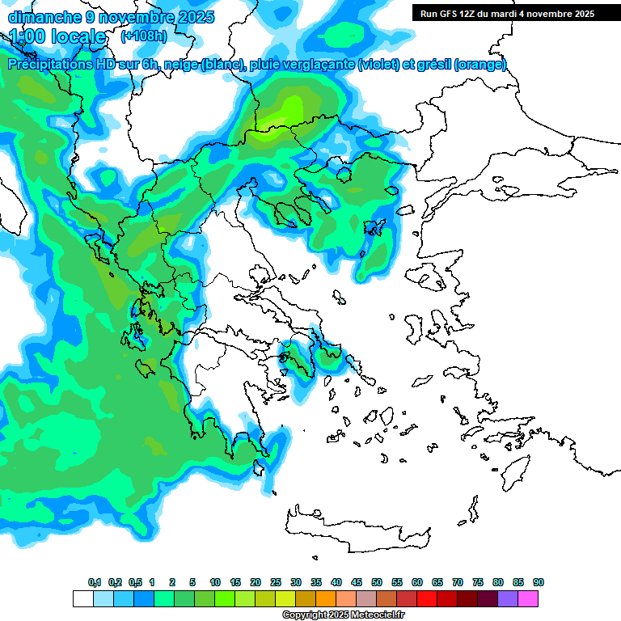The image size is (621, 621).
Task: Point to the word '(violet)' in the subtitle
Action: tap(380, 65)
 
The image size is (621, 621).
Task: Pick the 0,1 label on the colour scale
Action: tap(94, 582)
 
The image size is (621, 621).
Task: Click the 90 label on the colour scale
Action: tap(539, 582)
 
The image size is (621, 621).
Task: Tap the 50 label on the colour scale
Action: tap(377, 582)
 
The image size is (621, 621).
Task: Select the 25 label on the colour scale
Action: tap(276, 582)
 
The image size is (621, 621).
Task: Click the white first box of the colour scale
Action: tap(82, 598)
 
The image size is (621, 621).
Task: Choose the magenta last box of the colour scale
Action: tap(529, 598)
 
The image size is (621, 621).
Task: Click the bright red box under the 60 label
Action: tap(427, 598)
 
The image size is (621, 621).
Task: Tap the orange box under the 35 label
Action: tap(326, 598)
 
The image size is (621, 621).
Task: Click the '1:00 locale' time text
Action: tap(58, 37)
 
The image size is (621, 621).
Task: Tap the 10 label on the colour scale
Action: tap(215, 582)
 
